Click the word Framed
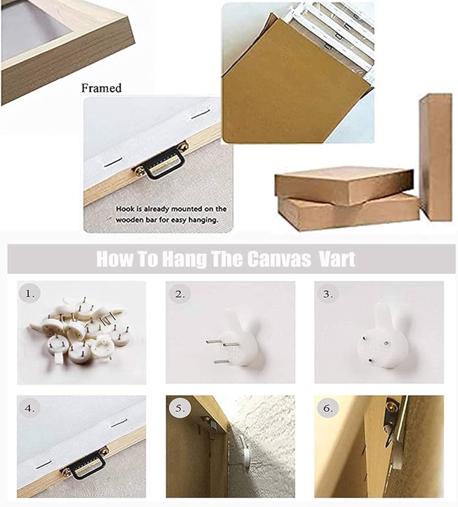pyautogui.click(x=101, y=88)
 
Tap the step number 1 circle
pyautogui.click(x=30, y=294)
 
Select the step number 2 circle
pyautogui.click(x=180, y=294)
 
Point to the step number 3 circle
pyautogui.click(x=328, y=294)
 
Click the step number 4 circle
pyautogui.click(x=30, y=408)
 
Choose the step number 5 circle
pyautogui.click(x=180, y=408)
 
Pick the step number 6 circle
pyautogui.click(x=328, y=408)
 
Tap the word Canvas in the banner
pyautogui.click(x=278, y=259)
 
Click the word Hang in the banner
pyautogui.click(x=184, y=259)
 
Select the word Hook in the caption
pyautogui.click(x=125, y=209)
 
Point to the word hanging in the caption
pyautogui.click(x=203, y=220)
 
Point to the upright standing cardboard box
pyautogui.click(x=435, y=157)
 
